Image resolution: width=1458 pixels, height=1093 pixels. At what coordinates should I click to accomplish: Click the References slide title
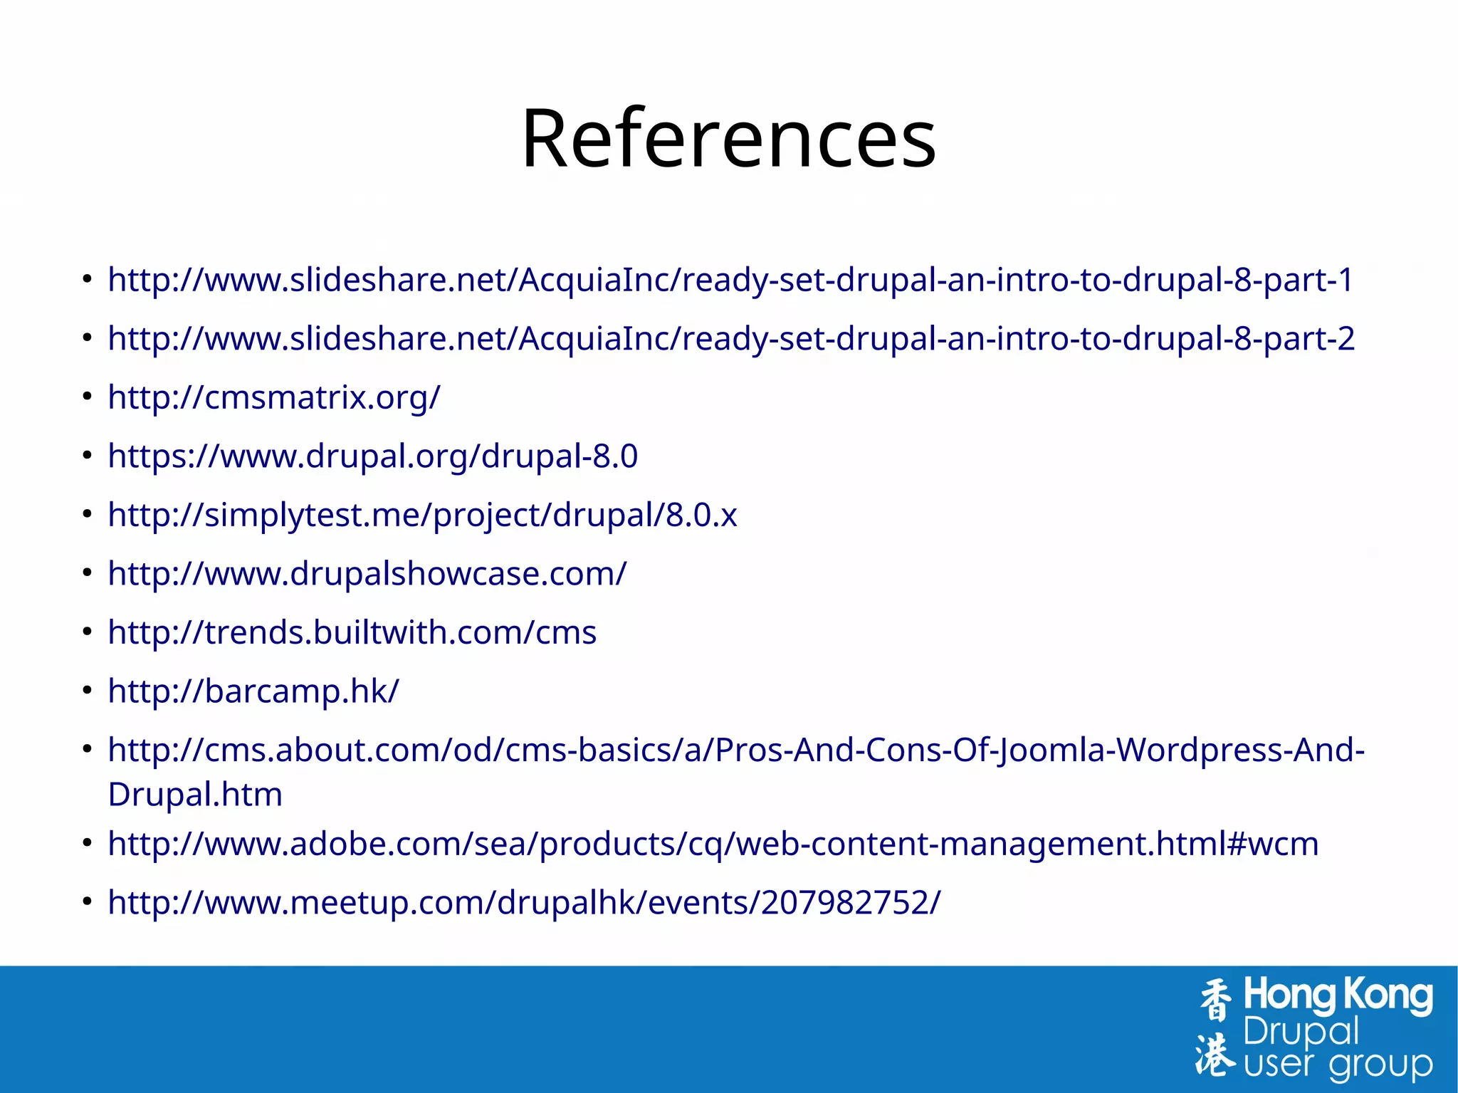tap(728, 138)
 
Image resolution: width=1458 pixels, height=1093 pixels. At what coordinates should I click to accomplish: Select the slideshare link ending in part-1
tap(730, 280)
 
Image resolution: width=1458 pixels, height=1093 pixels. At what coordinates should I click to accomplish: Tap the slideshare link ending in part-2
tap(730, 339)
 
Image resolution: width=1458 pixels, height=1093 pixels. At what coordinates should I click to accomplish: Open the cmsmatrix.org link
tap(274, 397)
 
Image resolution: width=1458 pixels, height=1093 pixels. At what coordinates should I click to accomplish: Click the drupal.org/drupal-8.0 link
tap(372, 456)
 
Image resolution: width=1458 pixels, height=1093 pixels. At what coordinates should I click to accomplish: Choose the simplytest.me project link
tap(422, 515)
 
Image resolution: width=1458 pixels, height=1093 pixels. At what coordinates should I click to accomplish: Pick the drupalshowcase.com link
tap(367, 574)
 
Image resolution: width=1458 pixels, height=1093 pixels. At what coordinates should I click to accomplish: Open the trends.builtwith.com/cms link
tap(352, 632)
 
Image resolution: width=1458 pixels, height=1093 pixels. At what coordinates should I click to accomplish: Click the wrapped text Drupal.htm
tap(195, 795)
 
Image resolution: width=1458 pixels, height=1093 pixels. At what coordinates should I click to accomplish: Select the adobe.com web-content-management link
tap(713, 844)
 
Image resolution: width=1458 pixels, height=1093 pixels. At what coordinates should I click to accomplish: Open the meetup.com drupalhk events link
tap(524, 903)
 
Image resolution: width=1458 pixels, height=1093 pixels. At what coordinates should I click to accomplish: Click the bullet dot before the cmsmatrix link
tap(87, 397)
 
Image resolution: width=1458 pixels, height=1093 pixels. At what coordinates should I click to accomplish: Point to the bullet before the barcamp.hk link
tap(87, 691)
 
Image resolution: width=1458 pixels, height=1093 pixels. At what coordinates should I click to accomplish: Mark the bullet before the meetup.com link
tap(87, 902)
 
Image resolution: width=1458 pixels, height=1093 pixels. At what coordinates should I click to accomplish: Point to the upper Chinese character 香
tap(1215, 1000)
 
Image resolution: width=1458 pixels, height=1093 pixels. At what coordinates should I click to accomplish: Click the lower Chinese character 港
tap(1215, 1054)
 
